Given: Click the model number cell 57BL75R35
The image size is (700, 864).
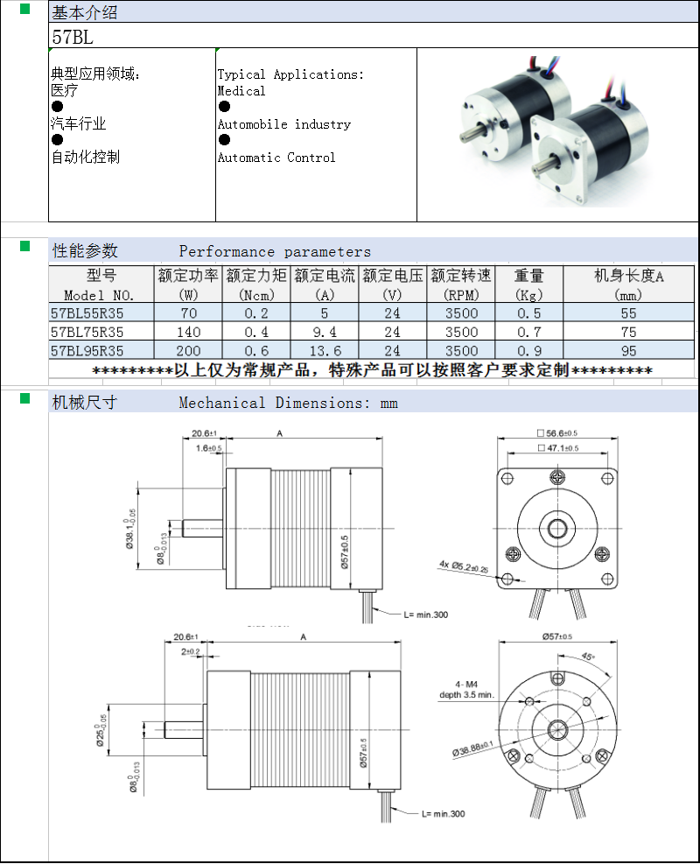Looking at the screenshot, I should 87,332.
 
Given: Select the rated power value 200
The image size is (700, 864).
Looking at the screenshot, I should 188,351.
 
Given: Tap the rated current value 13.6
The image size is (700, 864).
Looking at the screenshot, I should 324,351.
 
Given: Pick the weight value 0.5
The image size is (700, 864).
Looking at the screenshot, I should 528,313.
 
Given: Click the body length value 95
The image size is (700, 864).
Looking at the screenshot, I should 628,351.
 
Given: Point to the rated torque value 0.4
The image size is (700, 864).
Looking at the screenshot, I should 256,332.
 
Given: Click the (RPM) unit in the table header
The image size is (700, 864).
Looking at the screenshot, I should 461,295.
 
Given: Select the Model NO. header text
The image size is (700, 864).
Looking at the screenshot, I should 100,295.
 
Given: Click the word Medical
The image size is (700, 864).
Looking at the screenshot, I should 241,91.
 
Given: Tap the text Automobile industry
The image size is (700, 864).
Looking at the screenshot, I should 283,124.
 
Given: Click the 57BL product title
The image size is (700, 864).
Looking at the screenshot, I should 73,38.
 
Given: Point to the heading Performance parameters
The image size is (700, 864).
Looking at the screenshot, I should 275,252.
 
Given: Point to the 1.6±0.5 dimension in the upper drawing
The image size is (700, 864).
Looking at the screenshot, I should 208,448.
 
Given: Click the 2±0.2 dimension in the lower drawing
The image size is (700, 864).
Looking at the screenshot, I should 190,651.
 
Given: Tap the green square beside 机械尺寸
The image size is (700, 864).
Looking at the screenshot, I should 25,398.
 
